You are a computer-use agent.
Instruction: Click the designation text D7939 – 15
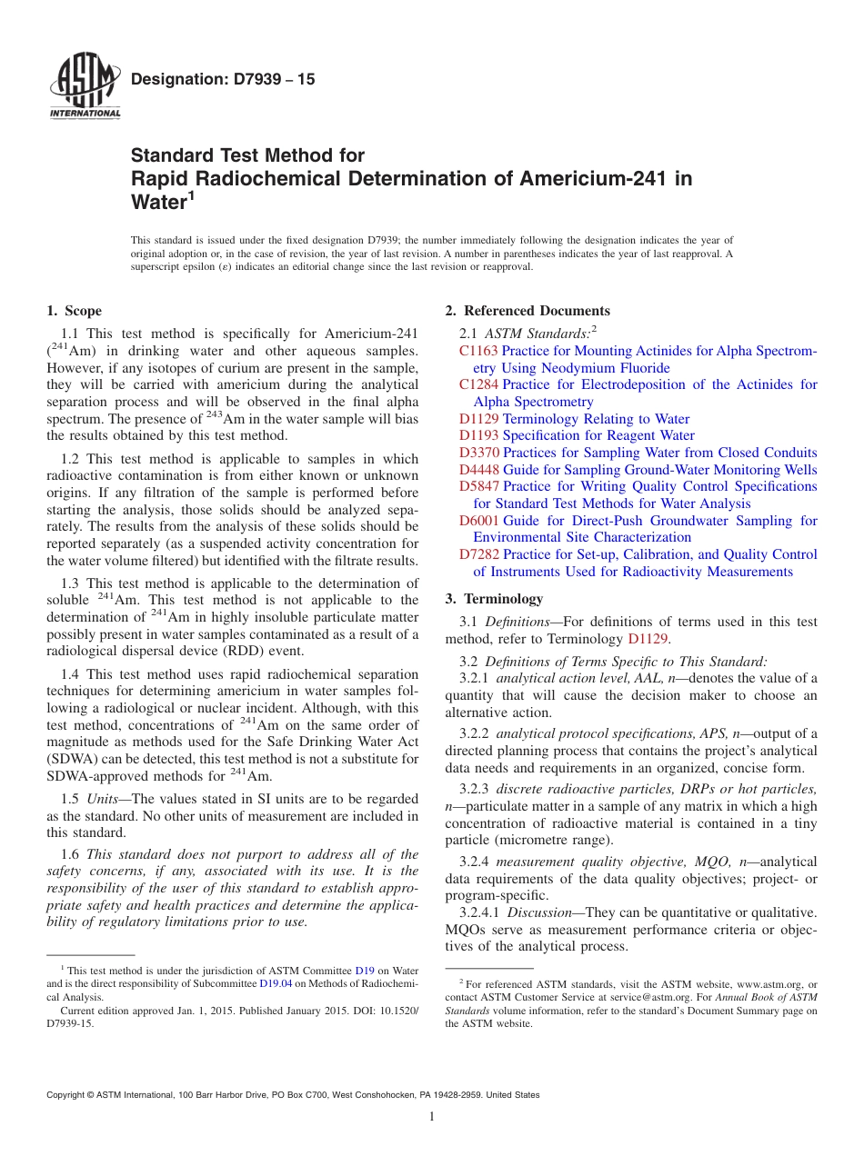pyautogui.click(x=223, y=80)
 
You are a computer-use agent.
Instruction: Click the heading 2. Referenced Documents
pyautogui.click(x=527, y=311)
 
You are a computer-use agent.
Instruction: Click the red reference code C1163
pyautogui.click(x=478, y=351)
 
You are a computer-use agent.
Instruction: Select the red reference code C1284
pyautogui.click(x=478, y=384)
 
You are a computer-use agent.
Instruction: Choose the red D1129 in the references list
pyautogui.click(x=478, y=419)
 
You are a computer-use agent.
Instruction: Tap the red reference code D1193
pyautogui.click(x=478, y=435)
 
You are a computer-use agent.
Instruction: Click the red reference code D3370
pyautogui.click(x=478, y=453)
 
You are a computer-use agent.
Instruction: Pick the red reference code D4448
pyautogui.click(x=478, y=470)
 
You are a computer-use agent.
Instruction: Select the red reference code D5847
pyautogui.click(x=478, y=486)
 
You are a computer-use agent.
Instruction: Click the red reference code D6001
pyautogui.click(x=478, y=521)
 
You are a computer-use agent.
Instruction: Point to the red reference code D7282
pyautogui.click(x=478, y=554)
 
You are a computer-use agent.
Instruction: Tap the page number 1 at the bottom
pyautogui.click(x=431, y=1117)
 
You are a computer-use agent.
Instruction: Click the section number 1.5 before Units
pyautogui.click(x=70, y=799)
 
